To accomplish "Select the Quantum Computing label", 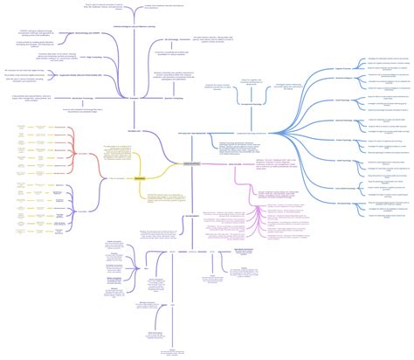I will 173,98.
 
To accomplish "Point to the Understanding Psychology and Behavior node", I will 252,133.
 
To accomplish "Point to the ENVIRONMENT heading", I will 191,217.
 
